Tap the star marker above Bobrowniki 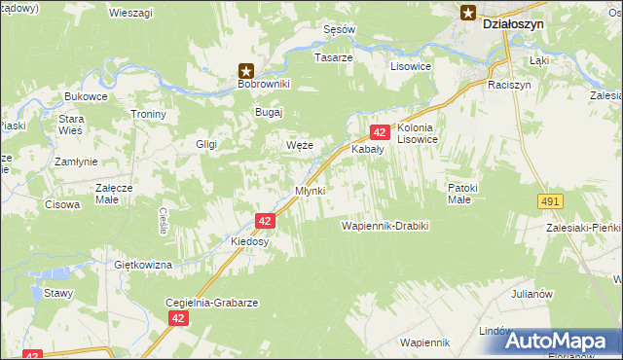(246, 70)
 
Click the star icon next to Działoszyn (467, 13)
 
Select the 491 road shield (550, 200)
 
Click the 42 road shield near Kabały (380, 132)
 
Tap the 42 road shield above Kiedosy (266, 221)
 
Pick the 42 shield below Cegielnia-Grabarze (177, 318)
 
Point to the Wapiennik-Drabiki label (385, 226)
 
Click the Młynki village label (310, 190)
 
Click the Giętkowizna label (143, 265)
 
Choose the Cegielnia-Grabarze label (212, 303)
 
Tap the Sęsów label (338, 30)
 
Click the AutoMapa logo (559, 341)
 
